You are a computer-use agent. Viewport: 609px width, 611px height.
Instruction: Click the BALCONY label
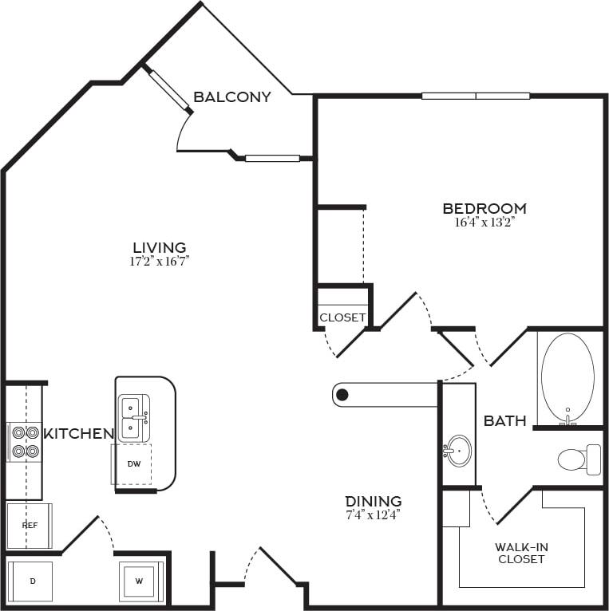click(x=232, y=97)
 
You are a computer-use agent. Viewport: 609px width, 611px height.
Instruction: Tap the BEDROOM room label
click(x=484, y=209)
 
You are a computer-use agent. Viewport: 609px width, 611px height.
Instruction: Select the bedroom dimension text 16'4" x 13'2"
click(x=484, y=223)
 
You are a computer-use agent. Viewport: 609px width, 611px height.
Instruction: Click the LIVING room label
click(x=160, y=247)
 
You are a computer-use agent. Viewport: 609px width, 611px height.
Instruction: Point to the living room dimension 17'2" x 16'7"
click(x=160, y=261)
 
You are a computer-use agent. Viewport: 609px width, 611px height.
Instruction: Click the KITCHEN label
click(x=78, y=434)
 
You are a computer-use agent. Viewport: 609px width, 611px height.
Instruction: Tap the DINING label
click(x=374, y=501)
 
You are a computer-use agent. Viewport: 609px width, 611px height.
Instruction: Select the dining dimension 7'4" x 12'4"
click(x=374, y=514)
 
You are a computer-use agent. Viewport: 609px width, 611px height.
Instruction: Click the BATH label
click(x=504, y=420)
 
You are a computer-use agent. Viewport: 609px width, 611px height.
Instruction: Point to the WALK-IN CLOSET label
click(x=522, y=553)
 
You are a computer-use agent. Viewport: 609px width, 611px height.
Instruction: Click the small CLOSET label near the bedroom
click(x=342, y=317)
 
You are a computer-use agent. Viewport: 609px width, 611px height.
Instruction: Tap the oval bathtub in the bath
click(x=567, y=377)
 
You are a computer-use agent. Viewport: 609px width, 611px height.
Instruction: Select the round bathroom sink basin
click(x=458, y=451)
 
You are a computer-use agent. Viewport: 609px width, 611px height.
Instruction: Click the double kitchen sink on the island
click(x=132, y=417)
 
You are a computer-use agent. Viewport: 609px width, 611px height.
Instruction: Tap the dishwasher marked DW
click(x=133, y=463)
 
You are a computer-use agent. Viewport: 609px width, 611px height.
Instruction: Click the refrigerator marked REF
click(x=30, y=526)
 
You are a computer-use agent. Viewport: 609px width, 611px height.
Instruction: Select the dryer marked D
click(x=32, y=581)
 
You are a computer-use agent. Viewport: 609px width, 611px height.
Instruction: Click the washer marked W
click(x=140, y=581)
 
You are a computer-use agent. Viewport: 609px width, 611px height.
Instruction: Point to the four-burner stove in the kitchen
click(x=24, y=442)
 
